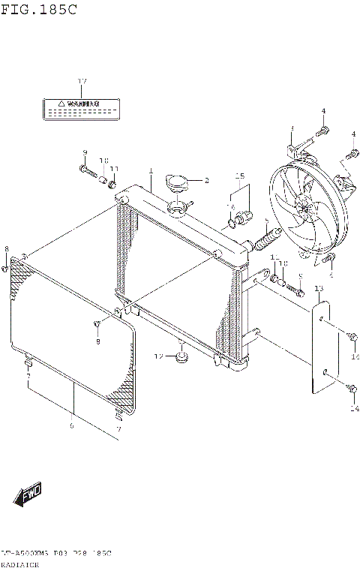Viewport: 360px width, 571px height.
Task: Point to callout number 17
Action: coord(82,80)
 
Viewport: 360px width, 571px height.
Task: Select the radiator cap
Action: coord(178,181)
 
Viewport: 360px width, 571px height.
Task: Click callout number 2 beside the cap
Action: coord(206,180)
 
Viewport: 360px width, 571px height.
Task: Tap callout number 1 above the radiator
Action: coord(150,171)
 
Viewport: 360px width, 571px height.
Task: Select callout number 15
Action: coord(240,176)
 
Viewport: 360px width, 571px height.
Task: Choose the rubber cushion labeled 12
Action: coord(181,356)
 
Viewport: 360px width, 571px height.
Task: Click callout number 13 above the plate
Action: coord(319,288)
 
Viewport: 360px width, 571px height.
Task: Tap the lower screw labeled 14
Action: coord(352,390)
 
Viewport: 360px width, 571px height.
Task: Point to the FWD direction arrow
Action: coord(28,495)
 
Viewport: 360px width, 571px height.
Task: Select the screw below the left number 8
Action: coord(5,266)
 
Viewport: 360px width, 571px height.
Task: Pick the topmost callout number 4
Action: coord(324,111)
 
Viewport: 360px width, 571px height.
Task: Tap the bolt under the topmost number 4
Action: coord(323,132)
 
